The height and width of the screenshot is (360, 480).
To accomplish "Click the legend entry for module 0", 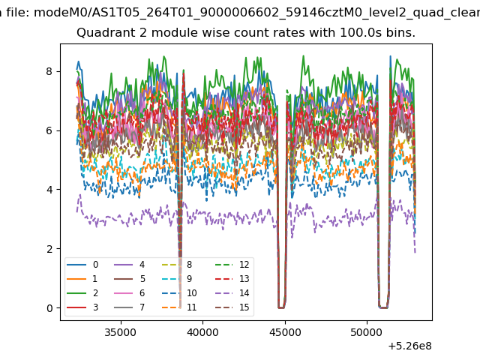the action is (x=82, y=265).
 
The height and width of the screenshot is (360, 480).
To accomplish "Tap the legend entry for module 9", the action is (x=177, y=278).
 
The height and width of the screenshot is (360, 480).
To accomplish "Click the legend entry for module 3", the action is (x=82, y=307).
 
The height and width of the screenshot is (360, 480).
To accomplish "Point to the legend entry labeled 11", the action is (x=178, y=307).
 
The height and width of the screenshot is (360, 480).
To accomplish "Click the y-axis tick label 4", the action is (x=49, y=190).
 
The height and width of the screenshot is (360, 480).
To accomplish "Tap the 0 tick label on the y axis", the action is (x=49, y=308).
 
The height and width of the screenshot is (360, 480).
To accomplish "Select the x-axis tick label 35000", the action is (x=121, y=332).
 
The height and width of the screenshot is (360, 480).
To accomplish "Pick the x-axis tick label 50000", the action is (x=367, y=332).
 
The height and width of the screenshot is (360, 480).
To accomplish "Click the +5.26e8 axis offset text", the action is (x=410, y=346).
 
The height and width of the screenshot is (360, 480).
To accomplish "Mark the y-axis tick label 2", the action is (x=49, y=249).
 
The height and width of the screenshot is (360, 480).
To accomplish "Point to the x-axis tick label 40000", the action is (x=202, y=332).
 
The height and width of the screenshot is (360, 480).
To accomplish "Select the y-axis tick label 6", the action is (x=49, y=130).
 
